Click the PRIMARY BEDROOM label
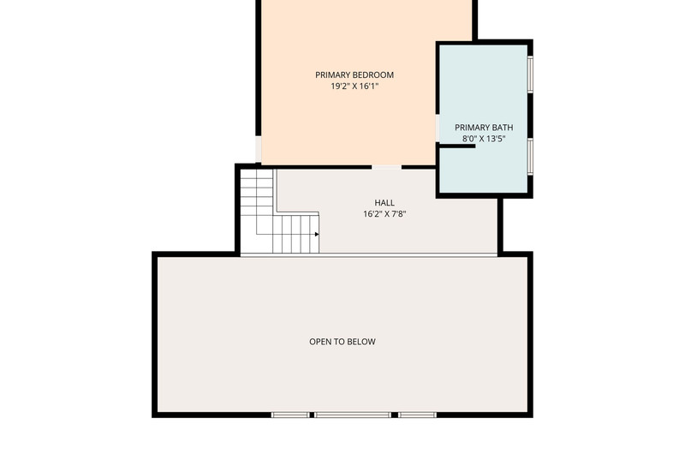tap(354, 75)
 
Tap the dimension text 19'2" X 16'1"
tap(354, 86)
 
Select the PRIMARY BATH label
tap(484, 128)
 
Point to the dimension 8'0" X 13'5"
tap(484, 139)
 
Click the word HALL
tap(384, 203)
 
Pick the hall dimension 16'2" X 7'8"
tap(384, 214)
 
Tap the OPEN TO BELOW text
tap(342, 342)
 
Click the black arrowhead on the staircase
tap(317, 234)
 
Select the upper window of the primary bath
tap(530, 74)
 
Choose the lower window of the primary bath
tap(530, 157)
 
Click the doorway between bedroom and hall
tap(387, 167)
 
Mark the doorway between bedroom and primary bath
tap(438, 128)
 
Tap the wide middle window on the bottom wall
tap(353, 415)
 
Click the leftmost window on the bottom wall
tap(290, 415)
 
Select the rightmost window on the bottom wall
tap(417, 415)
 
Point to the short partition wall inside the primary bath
tap(457, 146)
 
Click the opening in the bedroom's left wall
tap(259, 149)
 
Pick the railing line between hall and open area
tap(369, 254)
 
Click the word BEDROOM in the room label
tap(373, 75)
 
